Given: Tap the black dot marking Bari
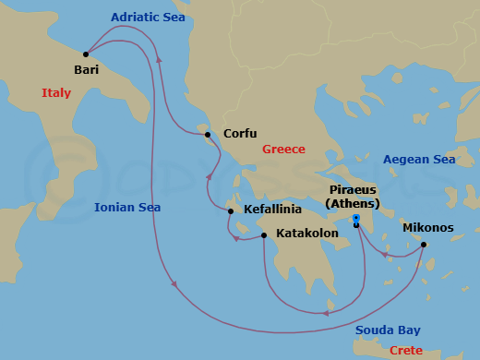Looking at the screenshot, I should pyautogui.click(x=86, y=54).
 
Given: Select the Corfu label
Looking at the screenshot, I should pyautogui.click(x=240, y=133).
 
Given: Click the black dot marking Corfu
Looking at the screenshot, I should pyautogui.click(x=208, y=135).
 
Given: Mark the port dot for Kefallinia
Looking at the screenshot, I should pyautogui.click(x=231, y=211).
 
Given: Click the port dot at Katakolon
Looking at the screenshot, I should pyautogui.click(x=264, y=235).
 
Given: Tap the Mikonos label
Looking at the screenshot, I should pyautogui.click(x=427, y=227).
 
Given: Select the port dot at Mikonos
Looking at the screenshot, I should pyautogui.click(x=424, y=245).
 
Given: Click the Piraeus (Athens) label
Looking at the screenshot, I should pyautogui.click(x=365, y=197).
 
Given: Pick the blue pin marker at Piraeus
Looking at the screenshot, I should pyautogui.click(x=355, y=219).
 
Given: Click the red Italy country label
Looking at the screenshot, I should pyautogui.click(x=56, y=92).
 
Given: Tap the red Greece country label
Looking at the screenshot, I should pyautogui.click(x=283, y=149).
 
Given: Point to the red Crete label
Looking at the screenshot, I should pyautogui.click(x=406, y=350).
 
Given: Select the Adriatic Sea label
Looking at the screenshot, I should pyautogui.click(x=148, y=17).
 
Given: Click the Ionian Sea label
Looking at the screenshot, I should pyautogui.click(x=127, y=208).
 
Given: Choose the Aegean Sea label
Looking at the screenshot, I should pyautogui.click(x=420, y=159).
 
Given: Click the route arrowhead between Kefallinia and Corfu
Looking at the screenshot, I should pyautogui.click(x=209, y=176).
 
